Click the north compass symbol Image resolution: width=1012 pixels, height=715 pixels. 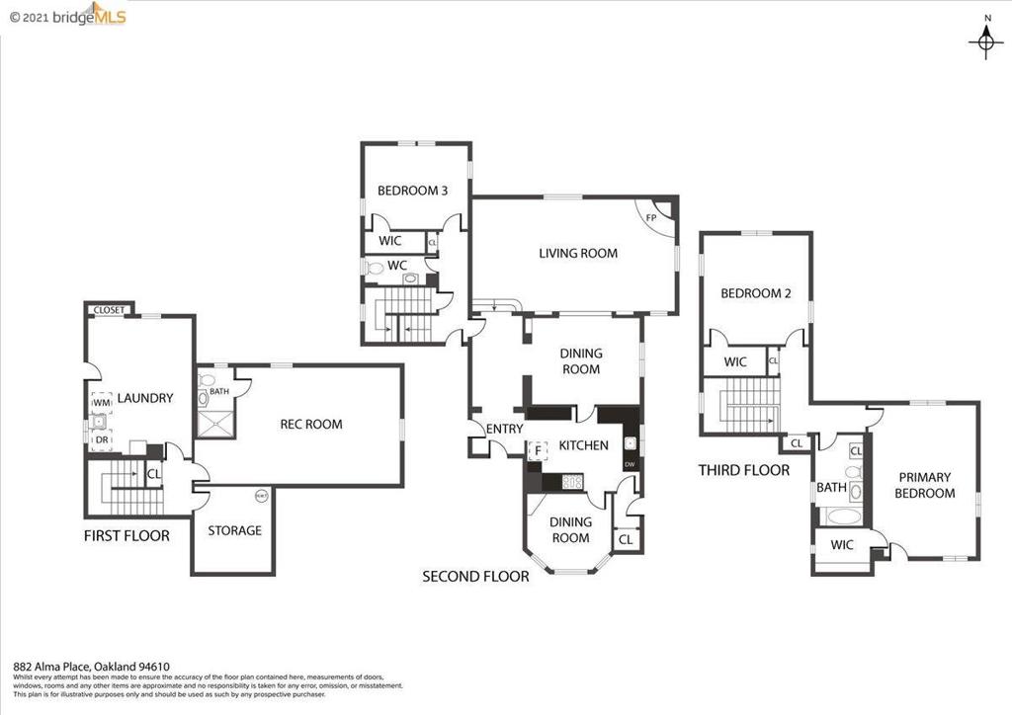pos(985,39)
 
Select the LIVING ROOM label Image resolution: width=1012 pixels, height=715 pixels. pos(578,254)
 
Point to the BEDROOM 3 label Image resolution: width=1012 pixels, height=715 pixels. pos(413,192)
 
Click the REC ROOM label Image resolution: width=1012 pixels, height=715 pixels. pos(311,425)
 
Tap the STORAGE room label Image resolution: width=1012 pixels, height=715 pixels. pos(234,531)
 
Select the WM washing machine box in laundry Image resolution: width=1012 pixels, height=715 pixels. pos(102,404)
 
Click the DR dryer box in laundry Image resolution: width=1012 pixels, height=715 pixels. pos(102,440)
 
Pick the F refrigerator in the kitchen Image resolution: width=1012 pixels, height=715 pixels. pos(538,451)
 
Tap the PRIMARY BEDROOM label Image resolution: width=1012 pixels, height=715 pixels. pos(924,486)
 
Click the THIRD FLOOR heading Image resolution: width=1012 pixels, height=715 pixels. pos(743,471)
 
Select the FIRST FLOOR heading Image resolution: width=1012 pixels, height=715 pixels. pos(126,536)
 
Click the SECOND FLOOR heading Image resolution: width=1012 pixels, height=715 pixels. pos(475,577)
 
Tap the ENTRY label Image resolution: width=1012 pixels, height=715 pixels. pos(504,430)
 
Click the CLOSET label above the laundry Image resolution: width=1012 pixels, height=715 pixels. pos(109,310)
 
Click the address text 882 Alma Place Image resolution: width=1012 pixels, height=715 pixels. pos(91,667)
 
